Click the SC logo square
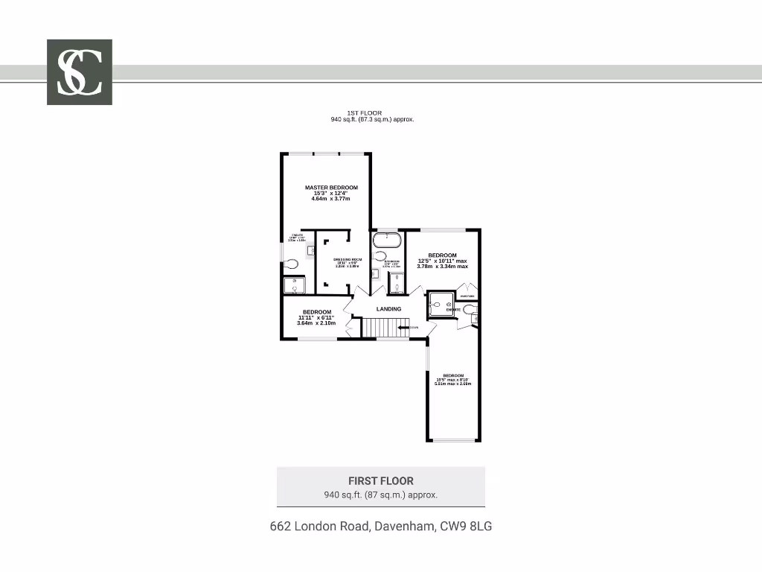80,71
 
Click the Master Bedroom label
331,188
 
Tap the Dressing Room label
336,259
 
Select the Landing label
388,309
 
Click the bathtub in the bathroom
387,240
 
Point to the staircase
386,327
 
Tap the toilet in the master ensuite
292,264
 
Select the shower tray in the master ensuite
294,285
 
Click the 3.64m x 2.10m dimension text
316,323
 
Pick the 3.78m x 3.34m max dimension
442,266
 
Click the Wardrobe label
467,296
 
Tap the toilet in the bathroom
380,257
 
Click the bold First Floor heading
380,481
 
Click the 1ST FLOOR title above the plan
365,113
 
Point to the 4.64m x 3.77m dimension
331,199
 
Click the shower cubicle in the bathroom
397,284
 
